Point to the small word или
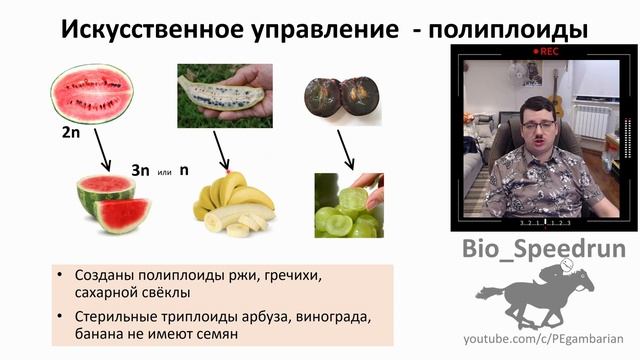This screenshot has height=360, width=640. (x=165, y=173)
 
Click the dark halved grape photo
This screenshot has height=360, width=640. (x=342, y=97)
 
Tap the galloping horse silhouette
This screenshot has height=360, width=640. (x=530, y=296)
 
